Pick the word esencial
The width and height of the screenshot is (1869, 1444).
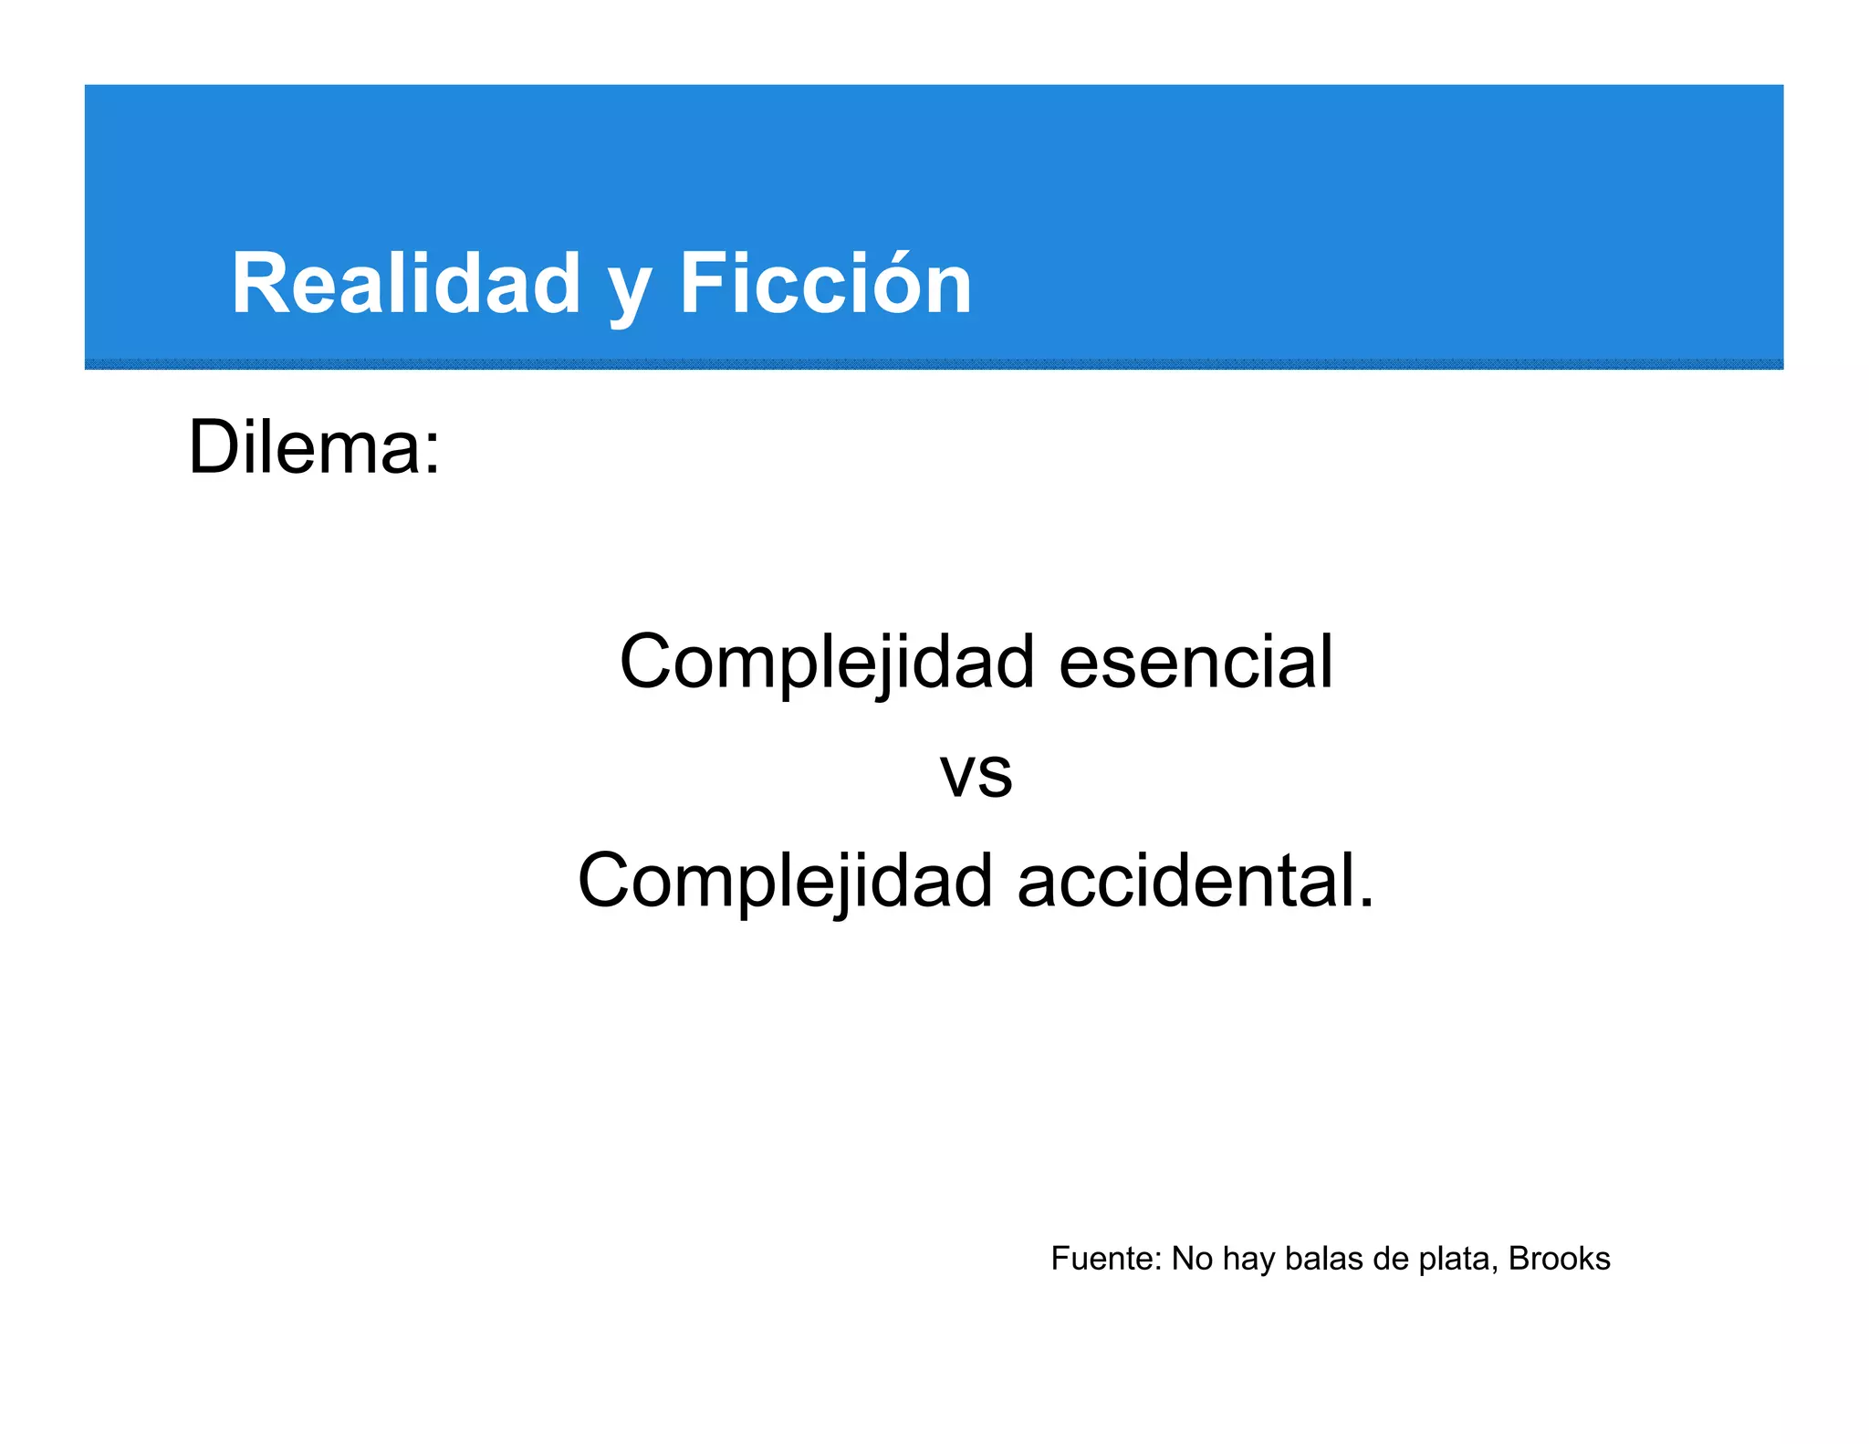click(x=1196, y=662)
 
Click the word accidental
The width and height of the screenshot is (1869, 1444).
click(x=1185, y=881)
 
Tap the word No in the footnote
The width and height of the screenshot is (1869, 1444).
click(x=1192, y=1259)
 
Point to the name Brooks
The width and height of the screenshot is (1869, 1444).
click(x=1560, y=1259)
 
